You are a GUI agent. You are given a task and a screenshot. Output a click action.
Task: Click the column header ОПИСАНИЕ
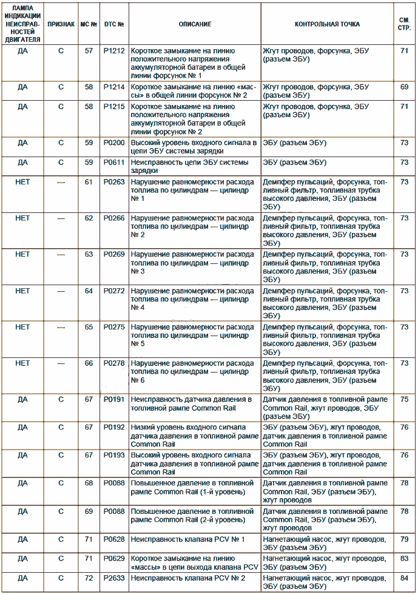pyautogui.click(x=195, y=24)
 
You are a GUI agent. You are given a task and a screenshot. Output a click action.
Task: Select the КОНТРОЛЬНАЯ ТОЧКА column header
pyautogui.click(x=327, y=24)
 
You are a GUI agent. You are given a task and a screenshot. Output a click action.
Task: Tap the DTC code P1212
pyautogui.click(x=114, y=51)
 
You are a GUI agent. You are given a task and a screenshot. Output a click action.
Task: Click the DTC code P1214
pyautogui.click(x=114, y=87)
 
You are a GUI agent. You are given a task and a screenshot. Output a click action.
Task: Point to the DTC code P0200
pyautogui.click(x=114, y=143)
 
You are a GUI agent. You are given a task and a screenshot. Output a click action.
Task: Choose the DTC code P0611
pyautogui.click(x=114, y=163)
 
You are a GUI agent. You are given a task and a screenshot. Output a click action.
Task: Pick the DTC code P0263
pyautogui.click(x=114, y=182)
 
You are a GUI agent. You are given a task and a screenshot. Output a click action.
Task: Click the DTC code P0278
pyautogui.click(x=114, y=363)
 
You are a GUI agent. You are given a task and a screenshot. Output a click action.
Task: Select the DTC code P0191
pyautogui.click(x=114, y=399)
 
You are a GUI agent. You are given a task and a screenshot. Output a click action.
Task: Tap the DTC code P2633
pyautogui.click(x=114, y=578)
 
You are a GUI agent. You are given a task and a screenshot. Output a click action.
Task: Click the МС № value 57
pyautogui.click(x=89, y=51)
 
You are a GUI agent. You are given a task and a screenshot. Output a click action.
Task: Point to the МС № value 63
pyautogui.click(x=89, y=254)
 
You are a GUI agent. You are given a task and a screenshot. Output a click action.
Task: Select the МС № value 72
pyautogui.click(x=89, y=578)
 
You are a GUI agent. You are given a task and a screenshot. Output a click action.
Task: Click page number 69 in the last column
pyautogui.click(x=404, y=87)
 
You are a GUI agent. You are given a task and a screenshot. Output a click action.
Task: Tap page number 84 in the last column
pyautogui.click(x=404, y=578)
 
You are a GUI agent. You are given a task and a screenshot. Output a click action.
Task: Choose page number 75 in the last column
pyautogui.click(x=404, y=399)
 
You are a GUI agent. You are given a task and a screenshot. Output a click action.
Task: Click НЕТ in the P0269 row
pyautogui.click(x=22, y=254)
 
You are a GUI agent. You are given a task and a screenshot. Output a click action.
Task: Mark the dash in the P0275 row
pyautogui.click(x=61, y=327)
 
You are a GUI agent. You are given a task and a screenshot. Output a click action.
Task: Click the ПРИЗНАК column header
pyautogui.click(x=61, y=24)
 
